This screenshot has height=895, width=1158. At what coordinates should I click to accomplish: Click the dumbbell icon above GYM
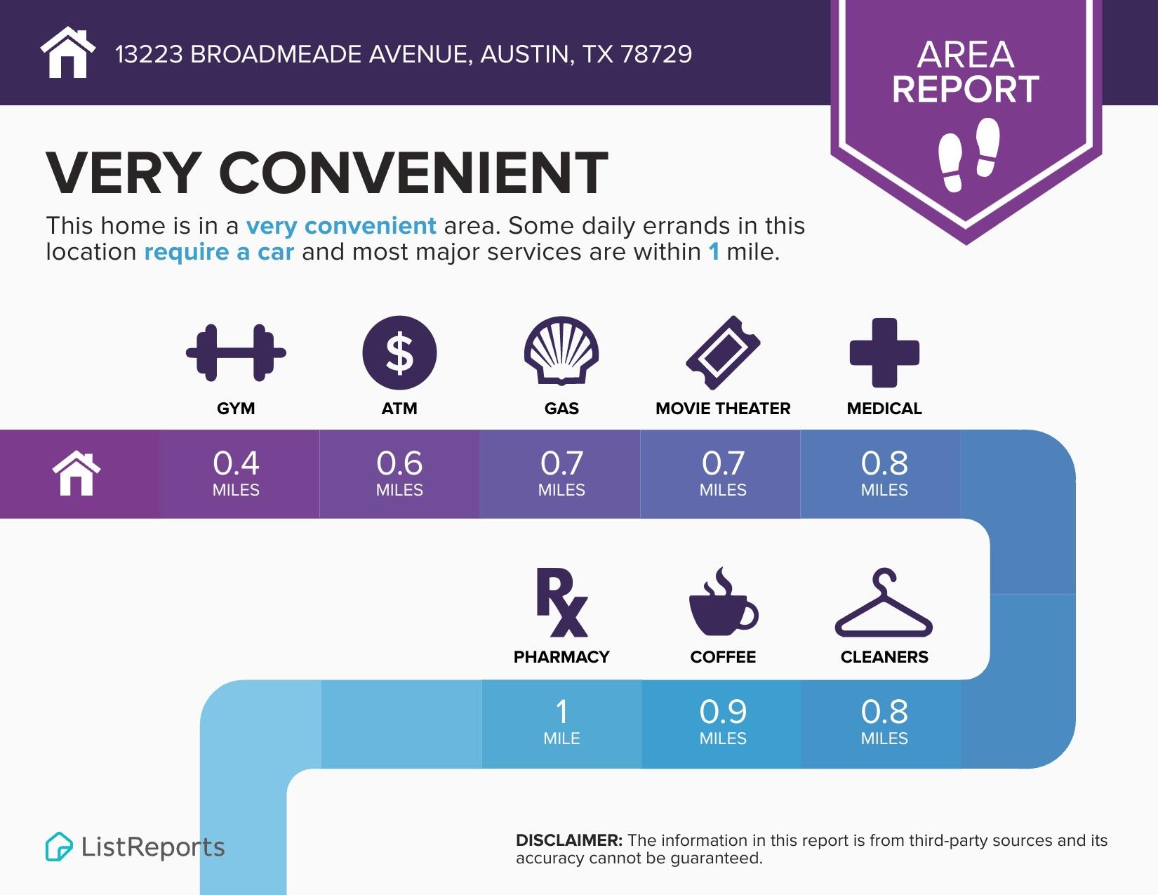[x=236, y=352]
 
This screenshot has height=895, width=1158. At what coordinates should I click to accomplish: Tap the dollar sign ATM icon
[x=399, y=352]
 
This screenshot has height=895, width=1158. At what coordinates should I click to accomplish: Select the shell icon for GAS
[x=561, y=351]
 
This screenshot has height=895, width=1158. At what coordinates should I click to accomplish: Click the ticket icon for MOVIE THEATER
[x=723, y=352]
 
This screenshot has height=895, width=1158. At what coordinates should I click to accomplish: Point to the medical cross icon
[x=884, y=352]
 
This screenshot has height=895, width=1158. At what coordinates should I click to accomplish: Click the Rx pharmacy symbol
[x=561, y=602]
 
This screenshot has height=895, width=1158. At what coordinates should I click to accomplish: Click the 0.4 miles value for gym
[x=236, y=472]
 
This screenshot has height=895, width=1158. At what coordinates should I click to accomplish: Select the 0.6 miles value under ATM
[x=399, y=472]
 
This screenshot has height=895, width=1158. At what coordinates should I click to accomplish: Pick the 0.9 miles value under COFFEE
[x=723, y=721]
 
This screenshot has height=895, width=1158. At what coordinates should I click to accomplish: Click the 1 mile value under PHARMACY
[x=561, y=721]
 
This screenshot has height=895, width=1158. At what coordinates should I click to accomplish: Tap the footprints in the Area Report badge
[x=969, y=154]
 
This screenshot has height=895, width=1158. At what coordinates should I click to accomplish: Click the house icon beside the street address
[x=67, y=53]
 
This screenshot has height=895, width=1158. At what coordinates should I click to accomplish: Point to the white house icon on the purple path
[x=77, y=475]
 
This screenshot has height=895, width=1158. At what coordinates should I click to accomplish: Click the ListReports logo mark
[x=59, y=847]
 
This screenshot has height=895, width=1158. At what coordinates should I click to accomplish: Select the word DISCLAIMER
[x=568, y=840]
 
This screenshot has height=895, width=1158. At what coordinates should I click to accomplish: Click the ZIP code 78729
[x=656, y=54]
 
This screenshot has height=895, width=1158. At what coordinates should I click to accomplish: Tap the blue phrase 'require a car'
[x=219, y=252]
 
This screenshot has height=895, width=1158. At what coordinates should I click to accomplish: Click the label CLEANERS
[x=884, y=657]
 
